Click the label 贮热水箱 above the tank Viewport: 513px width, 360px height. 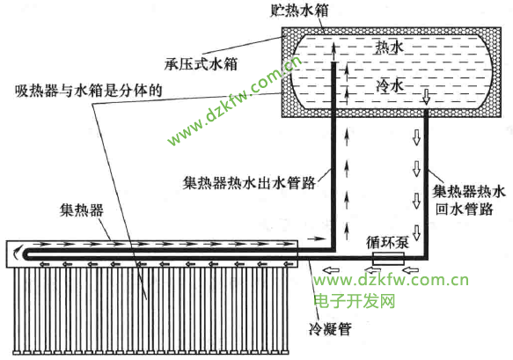coord(299,10)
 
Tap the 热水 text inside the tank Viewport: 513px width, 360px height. coord(389,48)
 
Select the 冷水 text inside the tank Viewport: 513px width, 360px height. coord(390,85)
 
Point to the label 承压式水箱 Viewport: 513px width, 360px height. coord(201,64)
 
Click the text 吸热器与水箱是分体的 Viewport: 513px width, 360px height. coord(89,91)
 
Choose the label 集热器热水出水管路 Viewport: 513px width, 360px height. coord(249,183)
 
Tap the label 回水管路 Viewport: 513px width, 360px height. coord(465,209)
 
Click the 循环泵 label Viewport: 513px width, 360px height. coord(387,243)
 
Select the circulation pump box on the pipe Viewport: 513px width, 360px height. coord(388,259)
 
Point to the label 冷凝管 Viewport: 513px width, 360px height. coord(330,329)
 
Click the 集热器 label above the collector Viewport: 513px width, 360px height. coord(82,209)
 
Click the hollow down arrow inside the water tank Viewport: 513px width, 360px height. coord(426,97)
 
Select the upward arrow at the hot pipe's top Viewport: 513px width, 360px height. coord(333,52)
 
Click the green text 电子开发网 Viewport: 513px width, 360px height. coord(355,301)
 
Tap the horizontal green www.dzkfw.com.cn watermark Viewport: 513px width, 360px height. coord(392,280)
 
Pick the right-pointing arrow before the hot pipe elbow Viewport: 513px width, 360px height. coord(317,239)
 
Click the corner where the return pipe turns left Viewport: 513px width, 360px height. coord(426,258)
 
